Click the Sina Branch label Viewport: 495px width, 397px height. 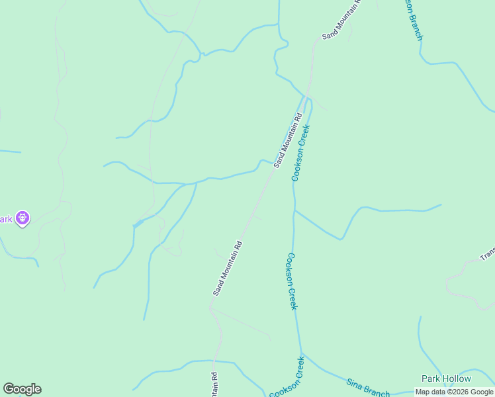click(x=368, y=387)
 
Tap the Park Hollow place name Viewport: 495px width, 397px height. click(x=446, y=379)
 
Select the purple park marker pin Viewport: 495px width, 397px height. click(x=22, y=218)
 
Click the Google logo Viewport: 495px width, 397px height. click(x=22, y=389)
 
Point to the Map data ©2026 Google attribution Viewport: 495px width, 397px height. click(x=455, y=392)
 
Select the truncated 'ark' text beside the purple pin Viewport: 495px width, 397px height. click(x=6, y=219)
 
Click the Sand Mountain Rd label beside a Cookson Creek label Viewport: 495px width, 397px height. click(x=288, y=140)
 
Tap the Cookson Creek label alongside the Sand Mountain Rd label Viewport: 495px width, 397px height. click(x=301, y=152)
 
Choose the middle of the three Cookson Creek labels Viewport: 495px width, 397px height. click(x=292, y=281)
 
